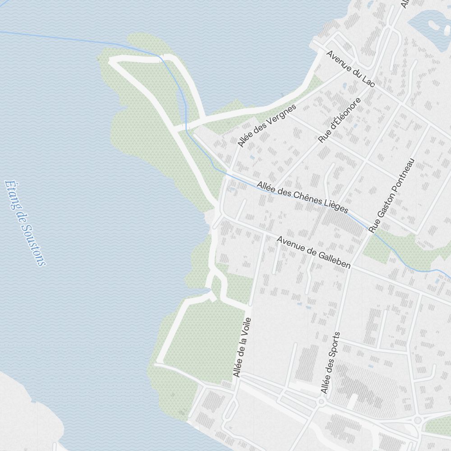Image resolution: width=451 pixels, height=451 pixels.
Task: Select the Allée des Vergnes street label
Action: click(267, 125)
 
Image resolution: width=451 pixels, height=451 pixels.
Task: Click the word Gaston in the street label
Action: click(379, 216)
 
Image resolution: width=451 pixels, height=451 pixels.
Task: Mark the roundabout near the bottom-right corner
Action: click(418, 420)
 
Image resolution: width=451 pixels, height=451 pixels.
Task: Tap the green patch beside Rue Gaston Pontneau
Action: click(377, 248)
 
